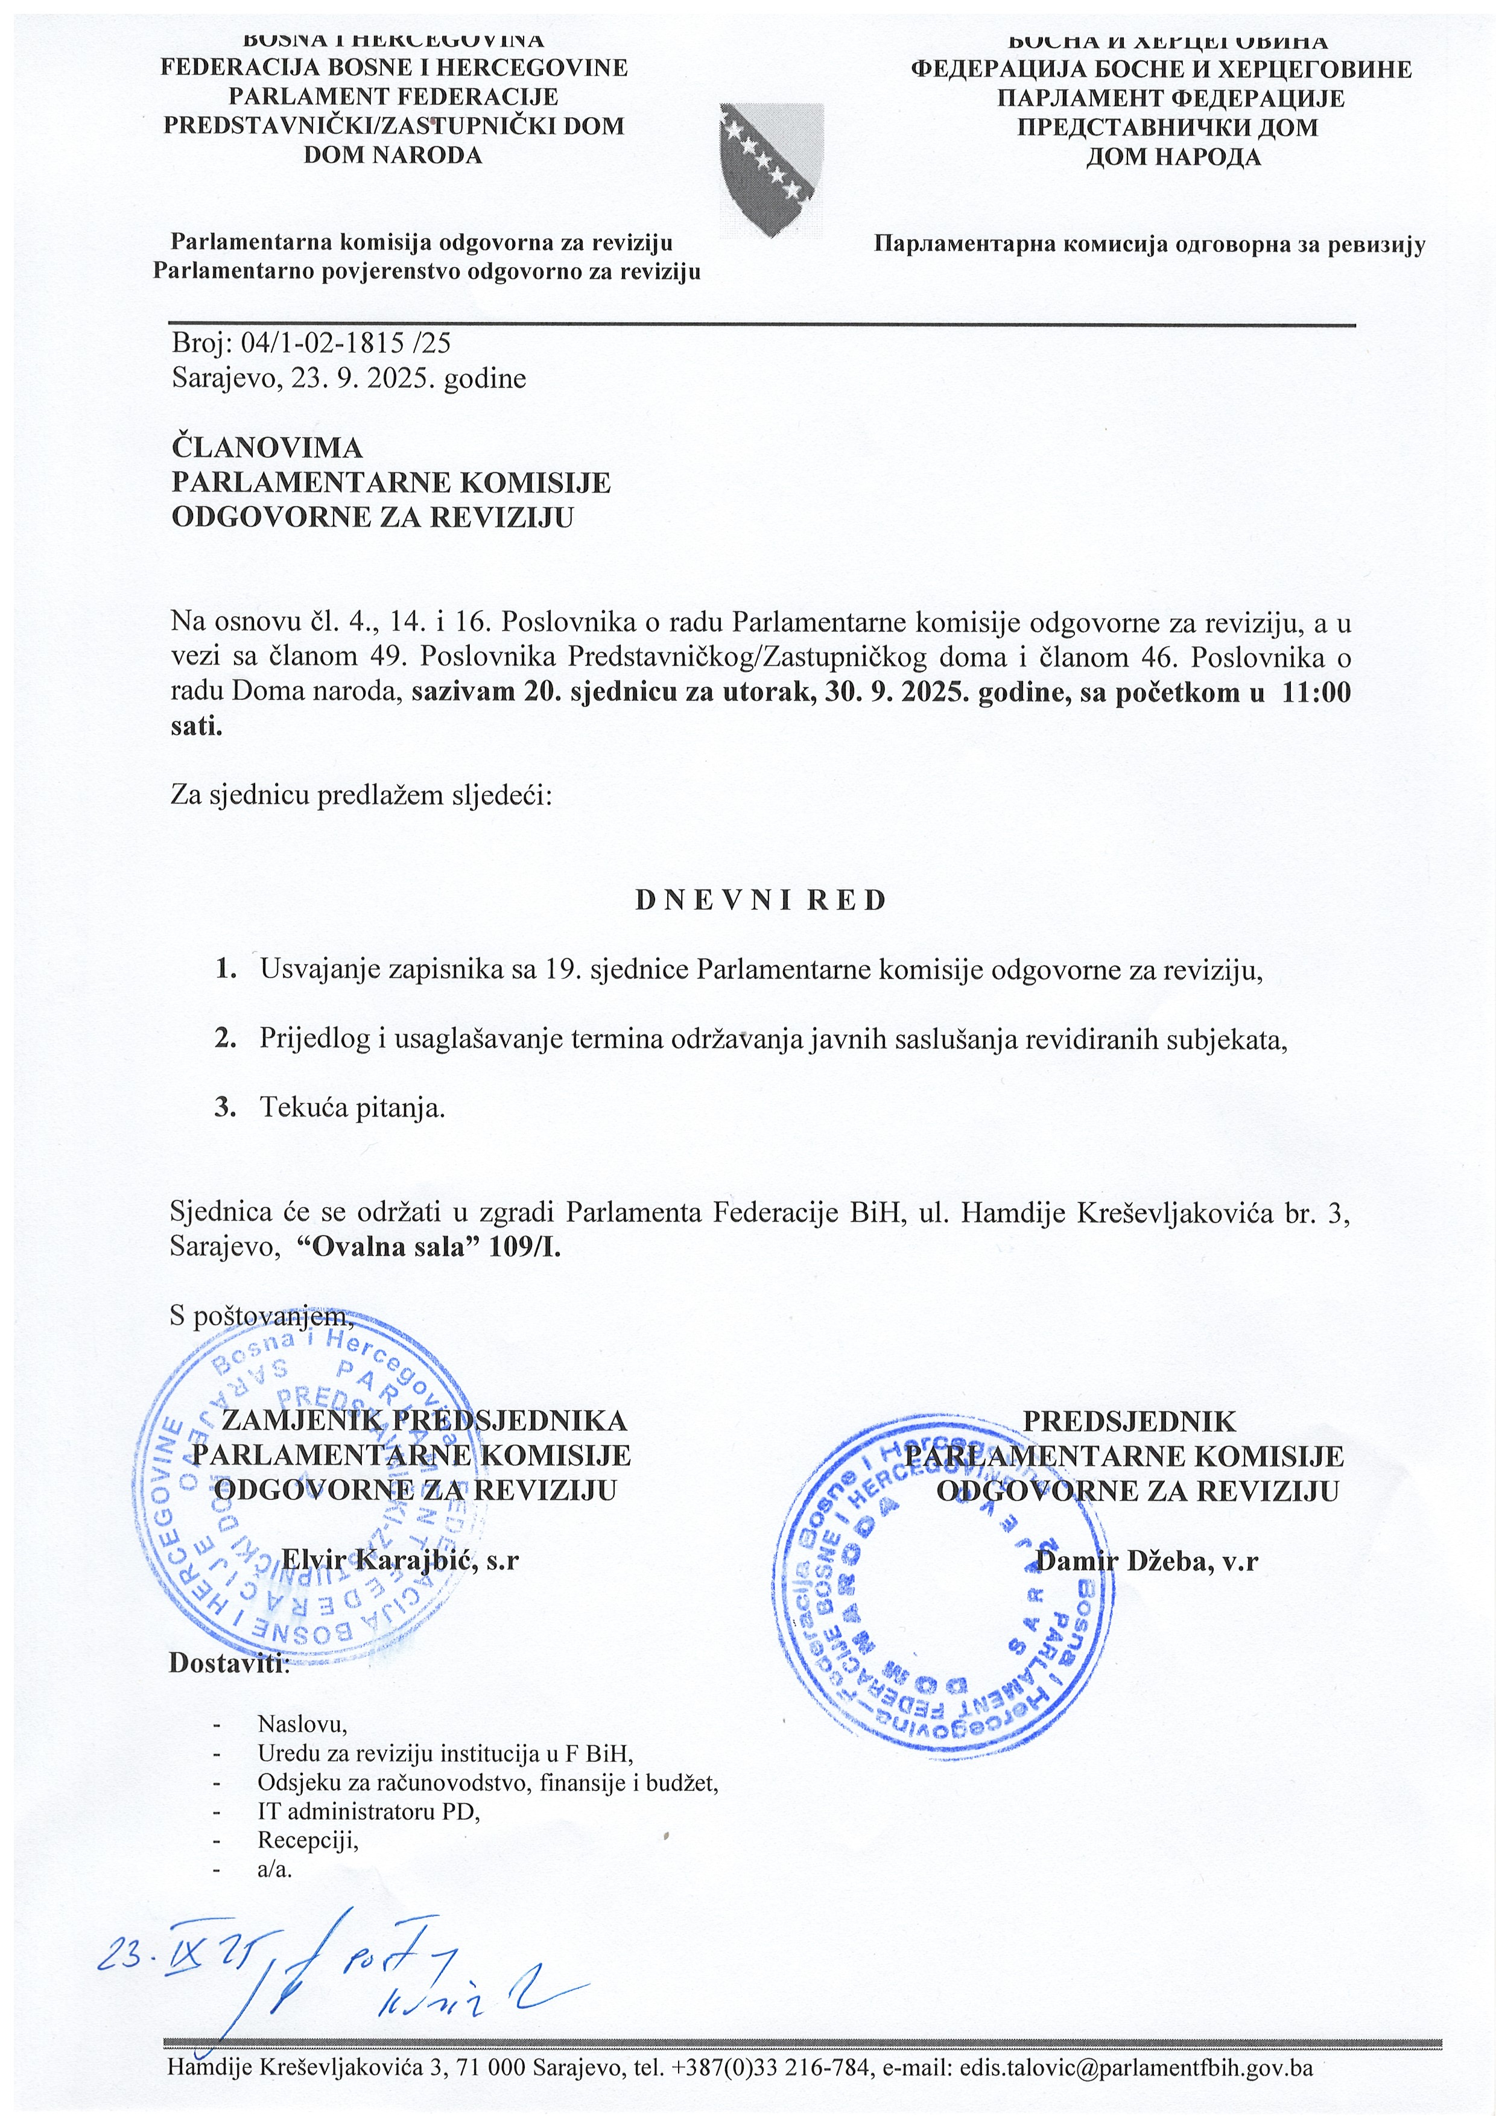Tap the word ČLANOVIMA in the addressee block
pos(267,448)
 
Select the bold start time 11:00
pos(1316,692)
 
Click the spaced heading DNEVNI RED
pos(761,901)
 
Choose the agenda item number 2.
pos(225,1039)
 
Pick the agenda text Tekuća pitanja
pos(352,1107)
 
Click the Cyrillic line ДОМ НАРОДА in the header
pos(1173,157)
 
